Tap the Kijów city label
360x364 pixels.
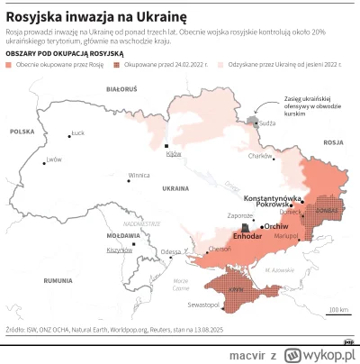pyautogui.click(x=173, y=154)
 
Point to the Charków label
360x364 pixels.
pyautogui.click(x=260, y=156)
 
